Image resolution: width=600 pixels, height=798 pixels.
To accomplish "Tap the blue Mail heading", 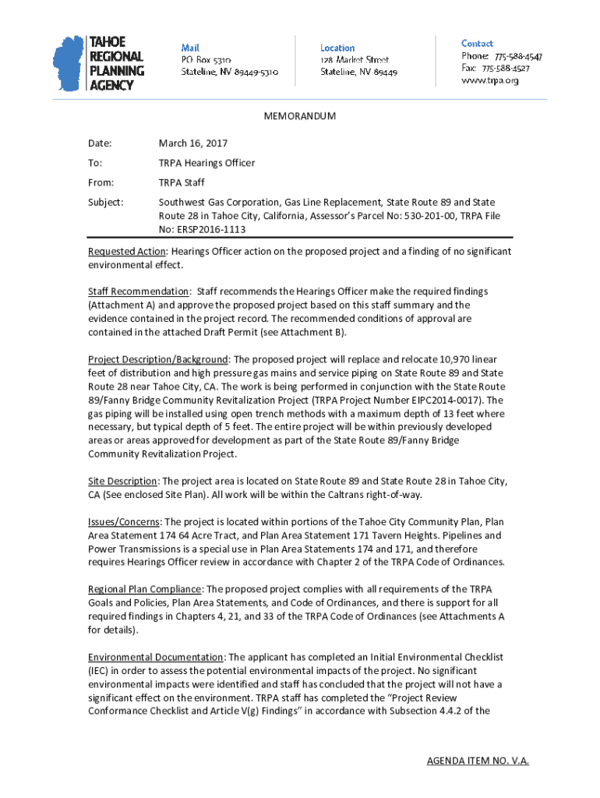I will coord(190,48).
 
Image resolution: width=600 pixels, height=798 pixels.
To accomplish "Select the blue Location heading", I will coord(337,48).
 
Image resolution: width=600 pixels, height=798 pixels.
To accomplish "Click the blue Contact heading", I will coord(477,44).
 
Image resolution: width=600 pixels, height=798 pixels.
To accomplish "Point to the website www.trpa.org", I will coord(490,80).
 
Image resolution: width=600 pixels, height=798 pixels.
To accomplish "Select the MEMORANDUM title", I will coord(300,116).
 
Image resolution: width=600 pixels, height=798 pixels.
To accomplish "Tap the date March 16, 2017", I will coord(193,143).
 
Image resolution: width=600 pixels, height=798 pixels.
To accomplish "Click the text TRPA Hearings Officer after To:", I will coord(206,163).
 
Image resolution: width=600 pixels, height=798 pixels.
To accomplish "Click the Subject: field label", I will coord(105,202).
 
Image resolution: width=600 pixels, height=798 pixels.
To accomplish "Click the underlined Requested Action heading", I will coord(127,252).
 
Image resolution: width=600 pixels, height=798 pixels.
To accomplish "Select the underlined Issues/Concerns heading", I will coord(125,521).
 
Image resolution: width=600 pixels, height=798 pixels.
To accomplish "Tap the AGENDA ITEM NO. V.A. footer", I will coord(478,761).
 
